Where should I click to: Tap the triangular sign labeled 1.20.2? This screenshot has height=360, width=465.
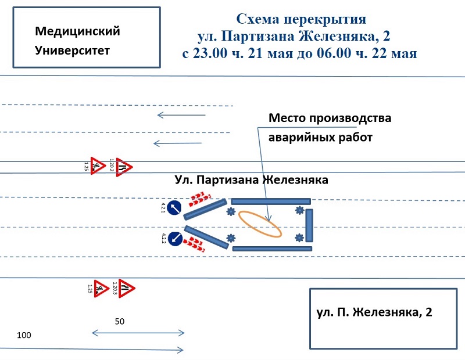click(x=124, y=167)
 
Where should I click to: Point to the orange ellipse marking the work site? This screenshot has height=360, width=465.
click(x=261, y=224)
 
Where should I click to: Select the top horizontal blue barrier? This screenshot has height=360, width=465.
click(x=270, y=201)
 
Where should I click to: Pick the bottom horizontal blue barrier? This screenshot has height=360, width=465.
click(x=271, y=249)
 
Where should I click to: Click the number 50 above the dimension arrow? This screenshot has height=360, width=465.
click(x=119, y=321)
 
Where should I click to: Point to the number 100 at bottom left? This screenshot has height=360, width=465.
click(x=24, y=336)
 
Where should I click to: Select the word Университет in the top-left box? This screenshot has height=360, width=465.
click(x=72, y=51)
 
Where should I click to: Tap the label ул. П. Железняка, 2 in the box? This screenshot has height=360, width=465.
click(x=374, y=312)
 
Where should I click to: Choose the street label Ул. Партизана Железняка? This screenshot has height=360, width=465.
click(x=251, y=180)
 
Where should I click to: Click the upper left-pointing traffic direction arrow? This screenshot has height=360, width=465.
click(x=181, y=115)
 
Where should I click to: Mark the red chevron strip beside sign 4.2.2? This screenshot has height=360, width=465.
click(x=195, y=244)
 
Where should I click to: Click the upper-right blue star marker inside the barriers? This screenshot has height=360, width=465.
click(x=299, y=210)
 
